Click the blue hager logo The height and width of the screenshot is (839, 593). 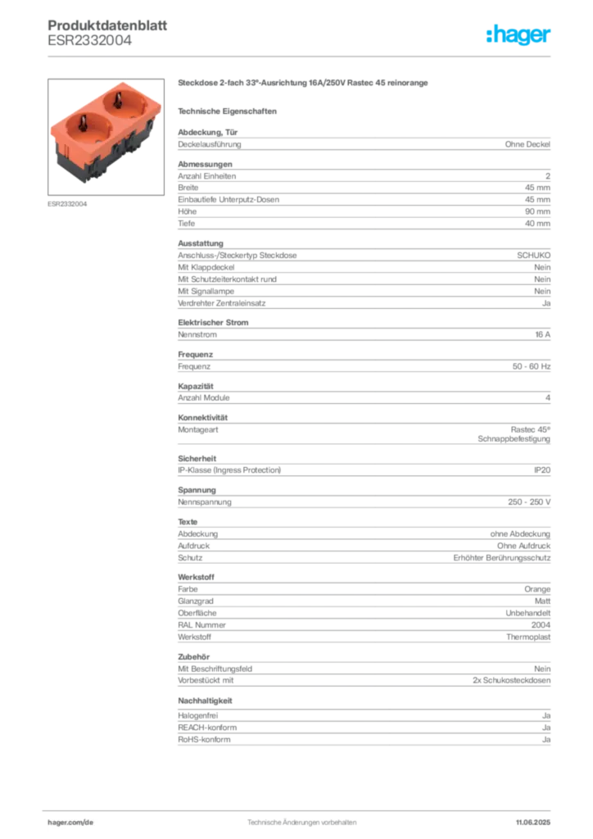[x=519, y=35]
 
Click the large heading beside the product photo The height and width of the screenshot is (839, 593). [x=304, y=84]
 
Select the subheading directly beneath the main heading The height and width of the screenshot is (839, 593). [x=230, y=111]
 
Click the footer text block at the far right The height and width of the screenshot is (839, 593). [x=536, y=818]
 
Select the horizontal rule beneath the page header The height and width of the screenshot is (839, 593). [x=301, y=57]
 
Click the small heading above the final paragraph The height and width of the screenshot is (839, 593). [x=206, y=702]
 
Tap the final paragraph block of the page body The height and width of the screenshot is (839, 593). [x=363, y=729]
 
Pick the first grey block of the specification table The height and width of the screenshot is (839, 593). [x=363, y=143]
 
